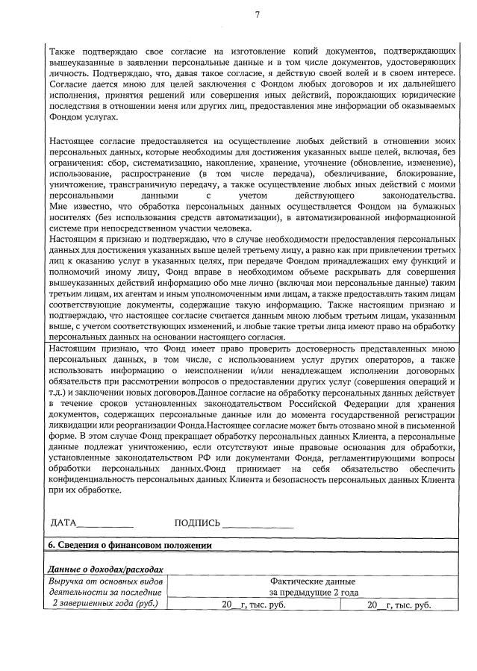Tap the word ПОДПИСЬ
click(197, 522)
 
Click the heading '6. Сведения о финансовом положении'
click(127, 546)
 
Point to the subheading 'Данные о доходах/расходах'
click(104, 569)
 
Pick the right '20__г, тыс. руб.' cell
click(399, 605)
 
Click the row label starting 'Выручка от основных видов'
click(104, 581)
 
